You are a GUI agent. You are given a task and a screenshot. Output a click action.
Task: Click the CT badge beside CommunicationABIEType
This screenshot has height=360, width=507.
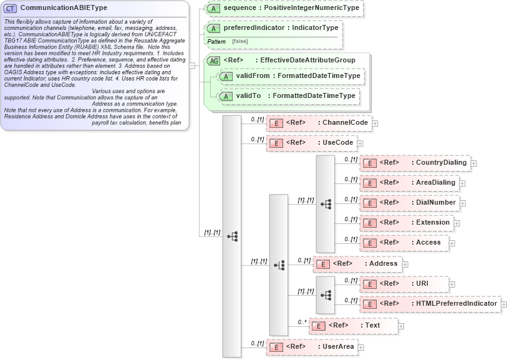tap(11, 7)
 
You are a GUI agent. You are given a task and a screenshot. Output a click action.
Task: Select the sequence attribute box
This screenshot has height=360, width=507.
tap(284, 9)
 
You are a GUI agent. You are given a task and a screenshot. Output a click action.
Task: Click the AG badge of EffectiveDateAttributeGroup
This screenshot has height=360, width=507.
tap(214, 61)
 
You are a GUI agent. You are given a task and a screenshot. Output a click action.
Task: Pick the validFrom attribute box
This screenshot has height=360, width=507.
tap(290, 76)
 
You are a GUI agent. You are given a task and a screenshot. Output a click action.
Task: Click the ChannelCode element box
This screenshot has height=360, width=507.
tap(319, 123)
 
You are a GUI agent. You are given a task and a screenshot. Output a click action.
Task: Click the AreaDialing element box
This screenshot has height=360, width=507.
tap(410, 183)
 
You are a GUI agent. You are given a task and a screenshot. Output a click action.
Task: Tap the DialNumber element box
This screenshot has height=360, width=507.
tap(412, 203)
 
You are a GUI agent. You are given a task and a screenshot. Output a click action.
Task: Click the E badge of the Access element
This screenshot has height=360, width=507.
tap(370, 243)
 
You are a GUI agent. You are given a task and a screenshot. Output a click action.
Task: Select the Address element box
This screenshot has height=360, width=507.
tap(357, 264)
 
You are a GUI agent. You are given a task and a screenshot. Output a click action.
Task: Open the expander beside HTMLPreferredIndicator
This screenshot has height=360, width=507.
tap(505, 304)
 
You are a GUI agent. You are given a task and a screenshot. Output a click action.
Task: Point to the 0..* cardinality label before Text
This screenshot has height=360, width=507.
tap(302, 321)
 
